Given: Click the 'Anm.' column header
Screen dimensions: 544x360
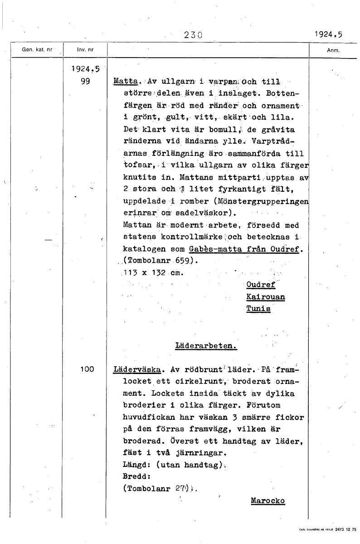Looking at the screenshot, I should (333, 51).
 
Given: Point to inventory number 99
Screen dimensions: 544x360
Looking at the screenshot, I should (83, 82).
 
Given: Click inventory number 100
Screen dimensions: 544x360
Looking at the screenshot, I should (87, 369).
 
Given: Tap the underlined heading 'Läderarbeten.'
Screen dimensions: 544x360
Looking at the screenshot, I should (206, 345).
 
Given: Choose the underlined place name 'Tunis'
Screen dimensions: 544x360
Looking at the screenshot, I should (258, 309).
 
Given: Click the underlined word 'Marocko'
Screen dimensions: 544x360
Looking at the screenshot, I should (267, 500).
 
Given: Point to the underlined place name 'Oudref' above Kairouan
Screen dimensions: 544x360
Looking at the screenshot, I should (261, 285).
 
